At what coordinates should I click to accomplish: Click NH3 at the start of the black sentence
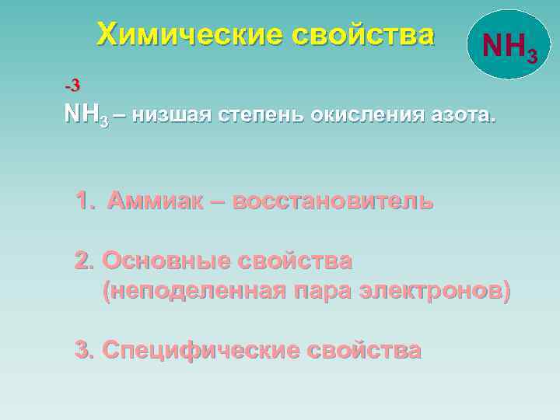[x=85, y=116]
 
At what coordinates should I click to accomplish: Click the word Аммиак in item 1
[x=156, y=201]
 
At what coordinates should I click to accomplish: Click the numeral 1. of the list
[x=85, y=201]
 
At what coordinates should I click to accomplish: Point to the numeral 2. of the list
[x=84, y=260]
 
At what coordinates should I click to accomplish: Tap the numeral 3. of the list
[x=84, y=350]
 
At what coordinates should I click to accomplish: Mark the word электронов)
[x=436, y=291]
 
